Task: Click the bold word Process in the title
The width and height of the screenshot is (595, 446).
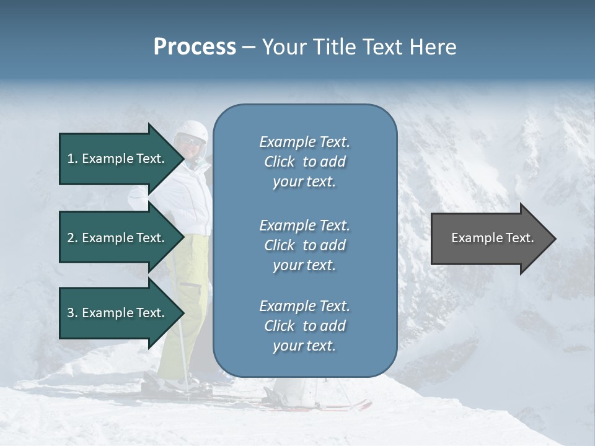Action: pyautogui.click(x=195, y=47)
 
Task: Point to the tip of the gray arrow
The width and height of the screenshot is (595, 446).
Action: pyautogui.click(x=555, y=238)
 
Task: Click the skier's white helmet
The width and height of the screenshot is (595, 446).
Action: pyautogui.click(x=192, y=129)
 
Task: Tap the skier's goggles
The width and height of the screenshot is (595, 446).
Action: pyautogui.click(x=192, y=142)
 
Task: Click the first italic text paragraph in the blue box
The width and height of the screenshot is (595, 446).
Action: pyautogui.click(x=304, y=162)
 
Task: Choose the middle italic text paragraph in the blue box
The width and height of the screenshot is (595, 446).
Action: pyautogui.click(x=304, y=245)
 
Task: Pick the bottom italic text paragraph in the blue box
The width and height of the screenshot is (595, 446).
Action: pyautogui.click(x=304, y=326)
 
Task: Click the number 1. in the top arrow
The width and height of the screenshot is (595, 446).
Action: pyautogui.click(x=72, y=159)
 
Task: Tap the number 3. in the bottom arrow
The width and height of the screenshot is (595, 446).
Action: pyautogui.click(x=72, y=313)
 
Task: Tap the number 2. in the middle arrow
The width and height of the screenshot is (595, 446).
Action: pyautogui.click(x=72, y=238)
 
